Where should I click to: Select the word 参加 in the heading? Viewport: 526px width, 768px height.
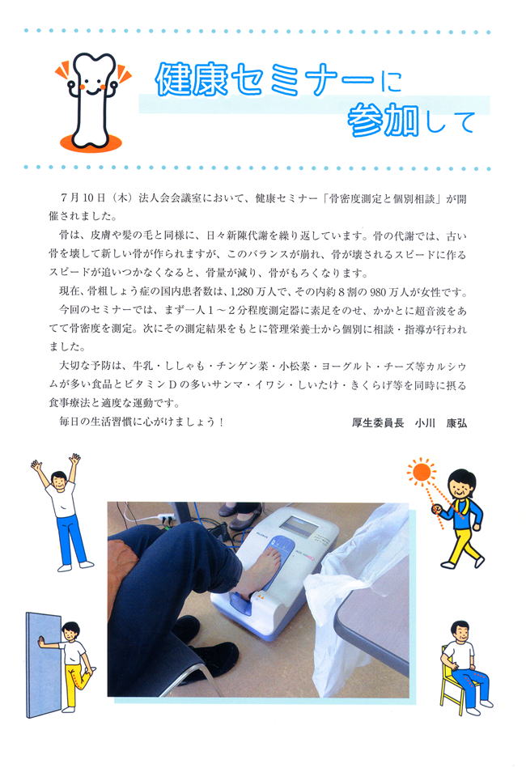tap(384, 120)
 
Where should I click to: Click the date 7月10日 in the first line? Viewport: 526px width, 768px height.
tap(83, 198)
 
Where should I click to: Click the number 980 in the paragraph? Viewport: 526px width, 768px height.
tap(379, 292)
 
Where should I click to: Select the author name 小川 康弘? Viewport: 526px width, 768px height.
tap(441, 422)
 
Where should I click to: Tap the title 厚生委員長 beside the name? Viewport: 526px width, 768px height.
tap(378, 422)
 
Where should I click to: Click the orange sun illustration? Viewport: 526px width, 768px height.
tap(421, 472)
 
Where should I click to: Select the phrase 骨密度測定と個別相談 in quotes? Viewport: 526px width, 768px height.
tap(383, 198)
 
